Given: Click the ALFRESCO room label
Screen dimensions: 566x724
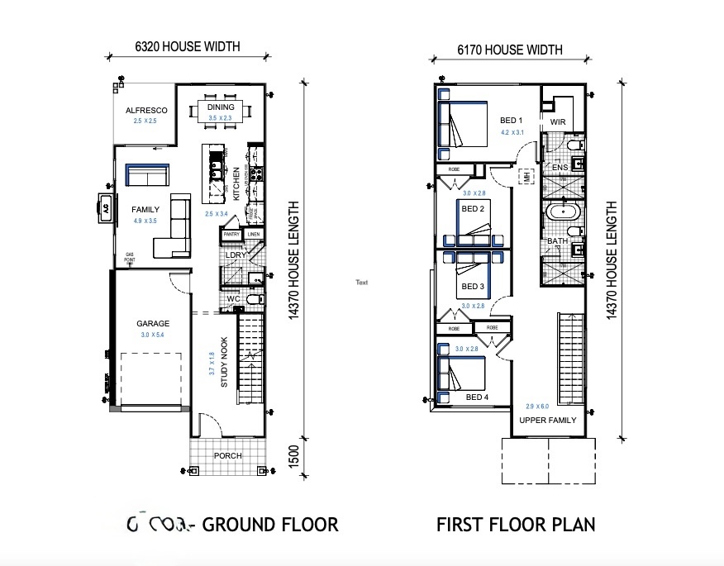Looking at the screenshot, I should click(146, 110).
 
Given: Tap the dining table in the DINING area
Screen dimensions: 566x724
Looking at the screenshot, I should click(221, 111).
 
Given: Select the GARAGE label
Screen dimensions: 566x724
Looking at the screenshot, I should click(153, 324).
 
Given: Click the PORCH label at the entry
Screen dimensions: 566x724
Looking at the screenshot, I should click(227, 455).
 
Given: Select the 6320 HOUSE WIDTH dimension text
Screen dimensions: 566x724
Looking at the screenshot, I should click(188, 47).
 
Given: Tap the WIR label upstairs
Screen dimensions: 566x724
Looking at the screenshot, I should click(558, 122).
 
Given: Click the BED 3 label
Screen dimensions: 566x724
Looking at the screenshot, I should click(473, 287).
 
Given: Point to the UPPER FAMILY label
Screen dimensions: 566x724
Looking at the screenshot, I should click(547, 420).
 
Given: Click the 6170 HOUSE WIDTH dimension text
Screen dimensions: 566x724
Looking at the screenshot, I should click(510, 50).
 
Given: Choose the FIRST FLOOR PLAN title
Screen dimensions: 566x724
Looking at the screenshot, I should click(516, 525).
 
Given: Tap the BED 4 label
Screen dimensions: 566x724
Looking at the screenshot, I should click(477, 397).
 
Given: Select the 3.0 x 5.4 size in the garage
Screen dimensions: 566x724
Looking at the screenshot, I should click(152, 335).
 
